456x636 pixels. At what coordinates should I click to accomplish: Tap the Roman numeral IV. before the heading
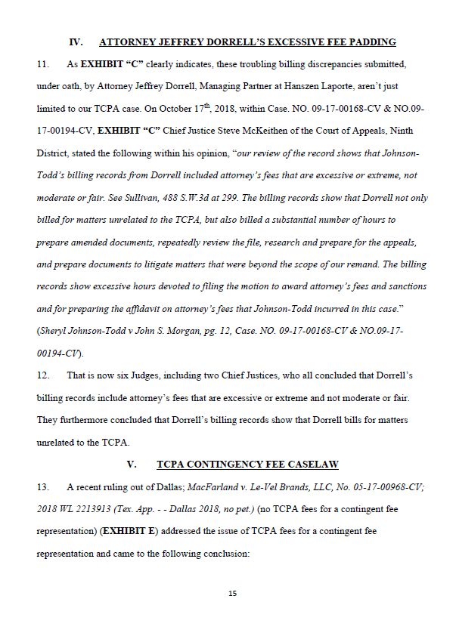tap(76, 42)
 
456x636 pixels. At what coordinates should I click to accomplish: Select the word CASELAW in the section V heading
tap(312, 463)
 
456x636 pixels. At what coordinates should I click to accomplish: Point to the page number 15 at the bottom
tap(232, 593)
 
